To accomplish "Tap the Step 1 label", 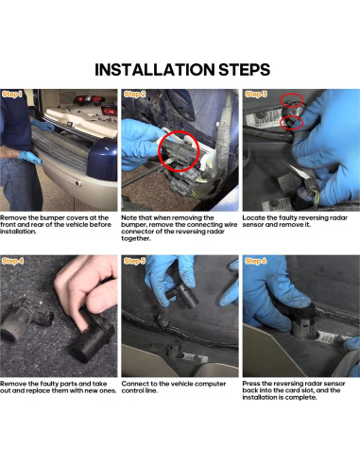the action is pyautogui.click(x=12, y=94).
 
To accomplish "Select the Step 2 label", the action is pyautogui.click(x=135, y=94).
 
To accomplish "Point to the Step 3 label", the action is pyautogui.click(x=256, y=94).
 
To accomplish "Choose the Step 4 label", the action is pyautogui.click(x=13, y=261).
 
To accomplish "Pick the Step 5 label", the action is pyautogui.click(x=135, y=261).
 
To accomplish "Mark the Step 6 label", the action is pyautogui.click(x=256, y=261).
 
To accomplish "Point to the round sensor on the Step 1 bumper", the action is pyautogui.click(x=77, y=183).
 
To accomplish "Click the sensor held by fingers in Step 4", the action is pyautogui.click(x=93, y=337).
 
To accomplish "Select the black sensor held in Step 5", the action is pyautogui.click(x=181, y=295).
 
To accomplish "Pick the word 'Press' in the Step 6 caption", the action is pyautogui.click(x=251, y=384).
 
